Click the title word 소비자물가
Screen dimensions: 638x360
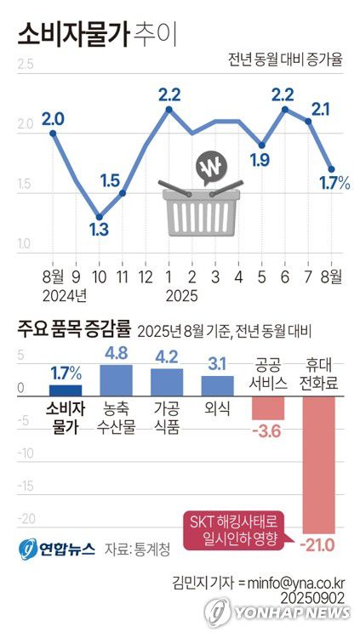click(73, 33)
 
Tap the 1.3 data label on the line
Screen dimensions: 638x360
click(99, 230)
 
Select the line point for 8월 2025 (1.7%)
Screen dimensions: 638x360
click(332, 168)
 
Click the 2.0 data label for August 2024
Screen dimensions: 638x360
click(53, 118)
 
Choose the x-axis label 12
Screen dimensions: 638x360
click(146, 276)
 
